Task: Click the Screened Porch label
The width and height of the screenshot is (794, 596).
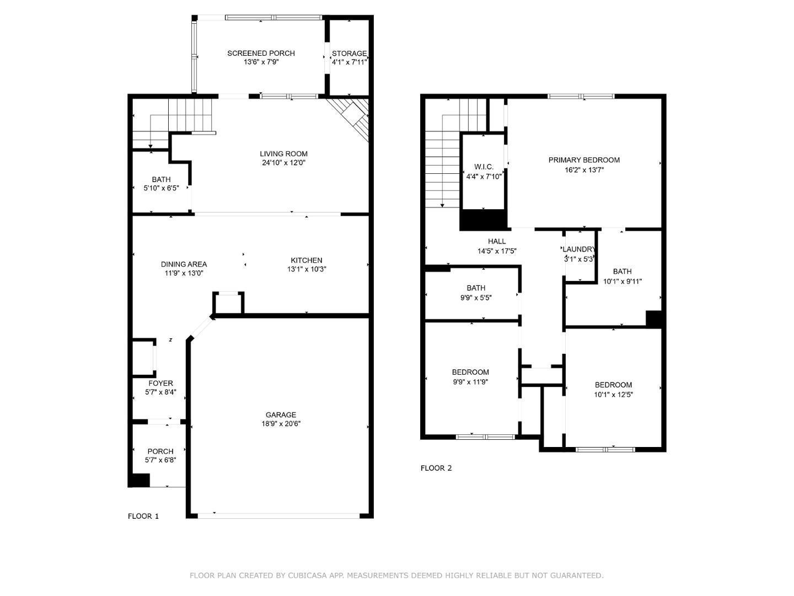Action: tap(261, 54)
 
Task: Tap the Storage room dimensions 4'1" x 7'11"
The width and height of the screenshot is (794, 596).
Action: tap(349, 62)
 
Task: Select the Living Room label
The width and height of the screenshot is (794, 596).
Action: tap(283, 154)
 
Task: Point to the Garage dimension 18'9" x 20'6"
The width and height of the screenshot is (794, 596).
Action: tap(281, 424)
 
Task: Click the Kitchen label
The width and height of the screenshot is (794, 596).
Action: tap(307, 260)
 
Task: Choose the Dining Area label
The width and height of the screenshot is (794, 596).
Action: tap(184, 264)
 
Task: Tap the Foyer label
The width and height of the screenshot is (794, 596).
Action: tap(160, 384)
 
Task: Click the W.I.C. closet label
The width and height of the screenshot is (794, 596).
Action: tap(484, 167)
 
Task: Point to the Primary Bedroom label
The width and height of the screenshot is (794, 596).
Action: tap(584, 160)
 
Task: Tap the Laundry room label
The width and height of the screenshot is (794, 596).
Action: tap(579, 249)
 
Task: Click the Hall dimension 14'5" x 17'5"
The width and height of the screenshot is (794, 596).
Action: tap(497, 251)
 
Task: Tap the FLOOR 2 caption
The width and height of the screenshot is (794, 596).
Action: tap(436, 468)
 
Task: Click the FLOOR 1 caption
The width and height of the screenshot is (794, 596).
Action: tap(143, 516)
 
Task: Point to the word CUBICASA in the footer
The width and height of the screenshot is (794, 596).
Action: tap(307, 576)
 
